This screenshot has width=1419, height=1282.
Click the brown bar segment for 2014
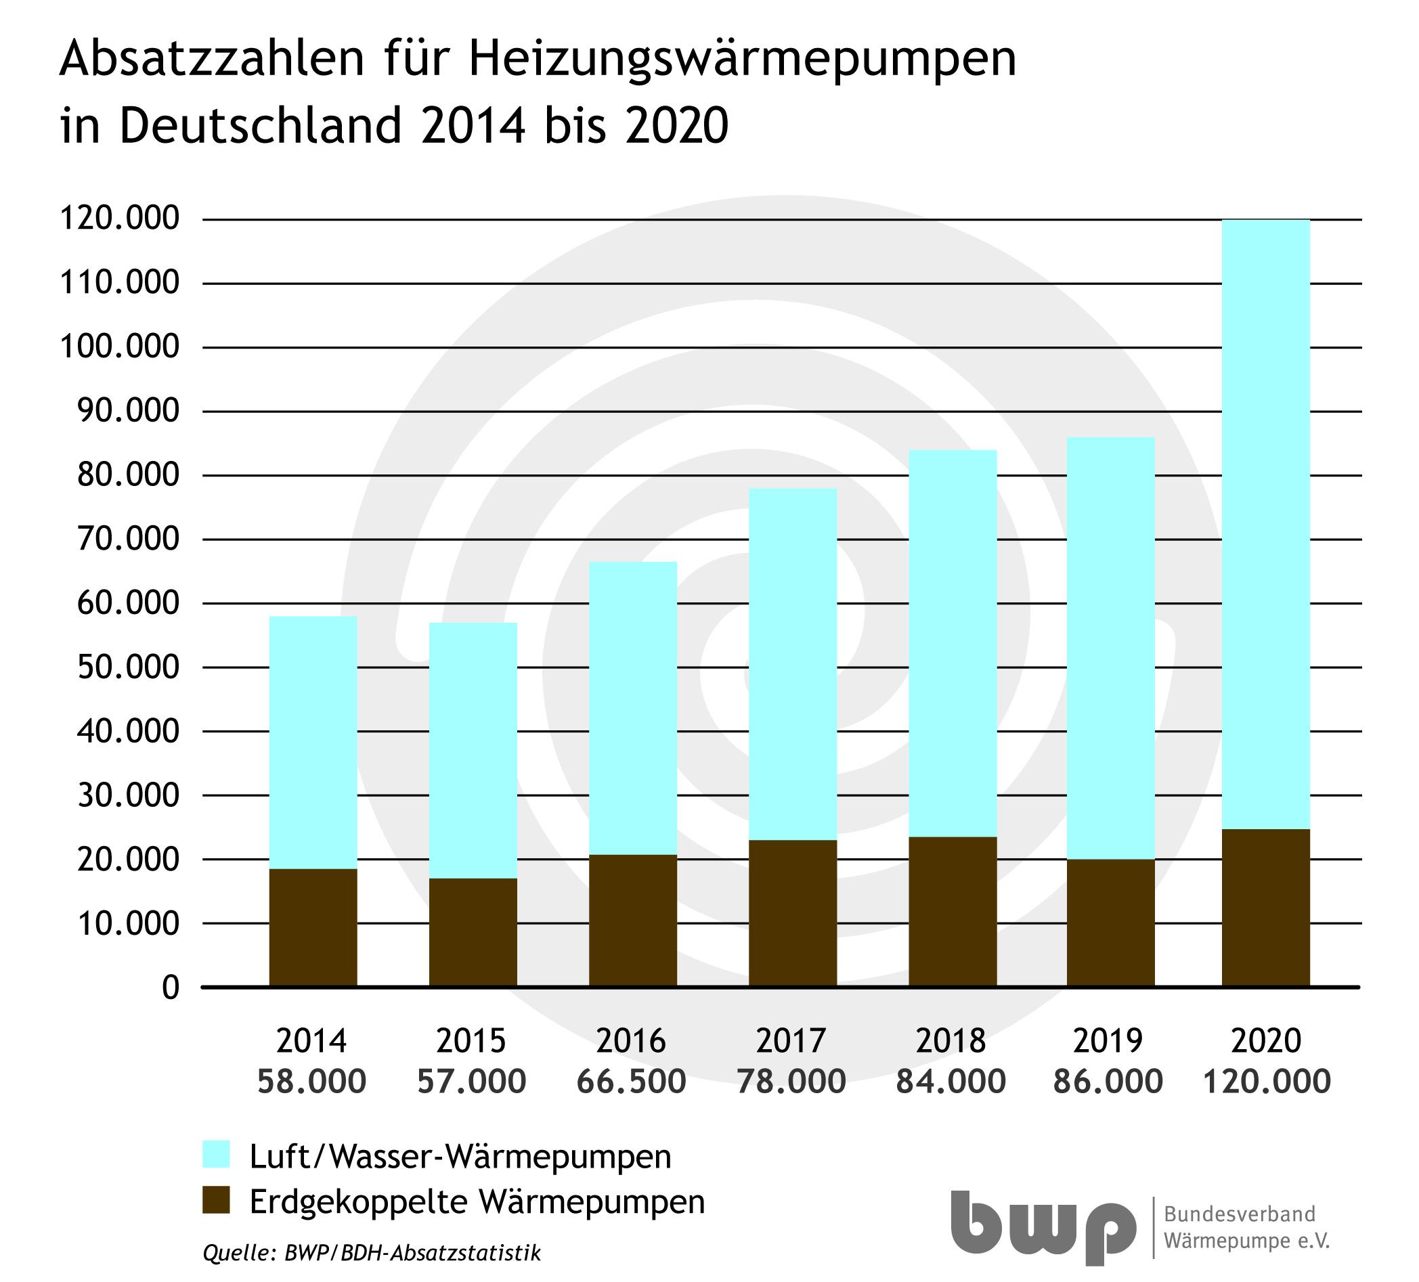tap(313, 927)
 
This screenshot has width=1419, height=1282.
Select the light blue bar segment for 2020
tap(1265, 524)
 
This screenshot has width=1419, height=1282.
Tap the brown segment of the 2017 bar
tap(792, 912)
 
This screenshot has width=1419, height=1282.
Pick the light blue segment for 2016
tap(633, 708)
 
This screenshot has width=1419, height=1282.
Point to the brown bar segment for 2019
tap(1111, 922)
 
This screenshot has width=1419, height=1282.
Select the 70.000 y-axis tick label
tap(120, 539)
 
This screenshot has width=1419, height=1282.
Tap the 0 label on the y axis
tap(171, 988)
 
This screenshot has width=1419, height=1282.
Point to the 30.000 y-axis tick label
tap(120, 796)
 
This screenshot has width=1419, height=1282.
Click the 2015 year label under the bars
tap(472, 1040)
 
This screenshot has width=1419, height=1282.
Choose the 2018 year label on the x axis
tap(951, 1040)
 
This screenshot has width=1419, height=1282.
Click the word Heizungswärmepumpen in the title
tap(743, 61)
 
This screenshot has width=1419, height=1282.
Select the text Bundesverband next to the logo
tap(1240, 1214)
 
